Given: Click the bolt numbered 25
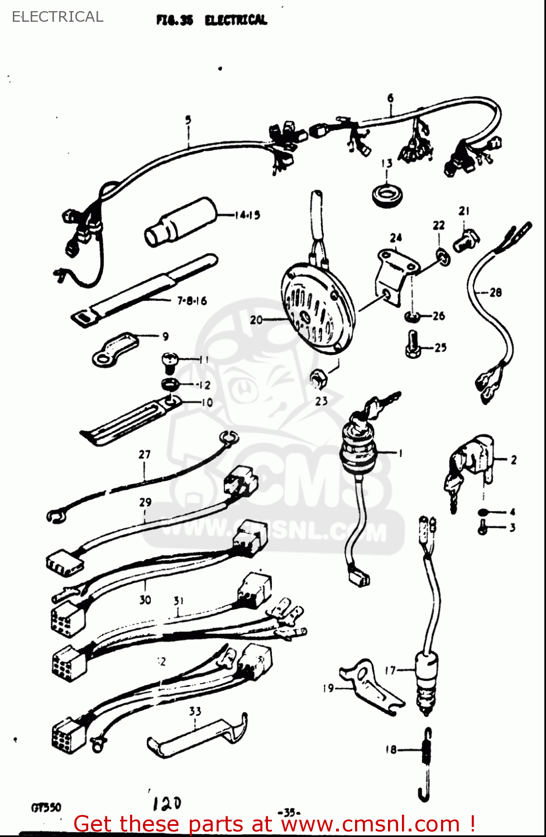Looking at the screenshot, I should click(412, 344).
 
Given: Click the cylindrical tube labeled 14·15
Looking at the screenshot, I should click(180, 222).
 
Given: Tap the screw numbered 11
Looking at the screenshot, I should click(169, 362).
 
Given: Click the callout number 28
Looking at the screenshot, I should click(495, 292).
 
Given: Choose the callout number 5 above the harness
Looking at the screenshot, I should click(188, 119).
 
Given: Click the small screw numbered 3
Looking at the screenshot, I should click(483, 527).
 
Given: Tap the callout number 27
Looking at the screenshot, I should click(145, 454).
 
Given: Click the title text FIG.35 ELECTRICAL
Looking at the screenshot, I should click(212, 20).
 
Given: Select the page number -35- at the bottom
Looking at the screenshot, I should click(289, 812).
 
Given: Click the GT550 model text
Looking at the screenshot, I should click(46, 807).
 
